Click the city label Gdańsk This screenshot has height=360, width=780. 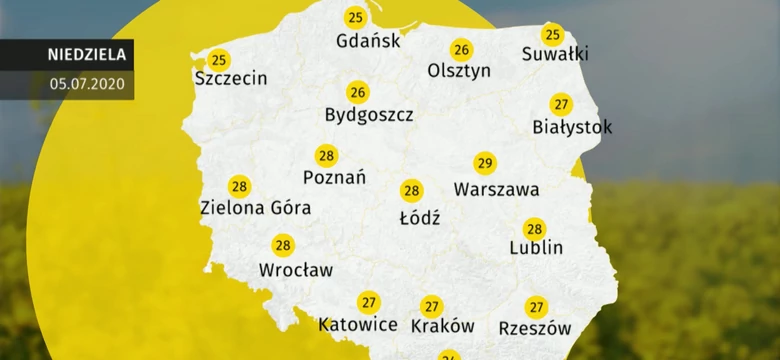tap(369, 41)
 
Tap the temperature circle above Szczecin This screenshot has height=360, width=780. tap(218, 61)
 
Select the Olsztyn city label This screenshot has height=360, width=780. tap(459, 71)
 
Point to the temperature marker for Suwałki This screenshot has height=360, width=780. tap(552, 36)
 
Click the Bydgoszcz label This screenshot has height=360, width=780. tap(369, 115)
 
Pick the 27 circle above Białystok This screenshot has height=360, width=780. tap(561, 104)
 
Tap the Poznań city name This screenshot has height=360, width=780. tap(334, 177)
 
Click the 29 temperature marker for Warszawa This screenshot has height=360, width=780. tap(485, 164)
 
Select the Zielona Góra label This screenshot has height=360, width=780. tap(256, 208)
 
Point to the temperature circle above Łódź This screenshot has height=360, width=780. tap(411, 191)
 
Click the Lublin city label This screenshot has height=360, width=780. tap(536, 247)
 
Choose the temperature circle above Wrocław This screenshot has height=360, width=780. tap(283, 245)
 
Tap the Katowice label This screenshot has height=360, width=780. tap(358, 325)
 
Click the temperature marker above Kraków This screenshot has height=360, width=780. tap(431, 306)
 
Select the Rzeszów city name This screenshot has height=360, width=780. tap(535, 327)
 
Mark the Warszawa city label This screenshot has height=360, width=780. tap(496, 189)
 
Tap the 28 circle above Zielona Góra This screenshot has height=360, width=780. tap(239, 186)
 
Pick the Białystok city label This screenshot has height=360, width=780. tap(573, 127)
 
